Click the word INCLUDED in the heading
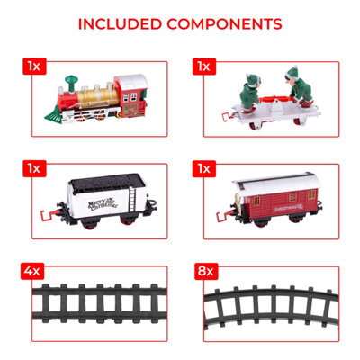(123, 23)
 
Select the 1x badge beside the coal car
(32, 168)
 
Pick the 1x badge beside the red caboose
(203, 168)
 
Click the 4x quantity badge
(32, 268)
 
